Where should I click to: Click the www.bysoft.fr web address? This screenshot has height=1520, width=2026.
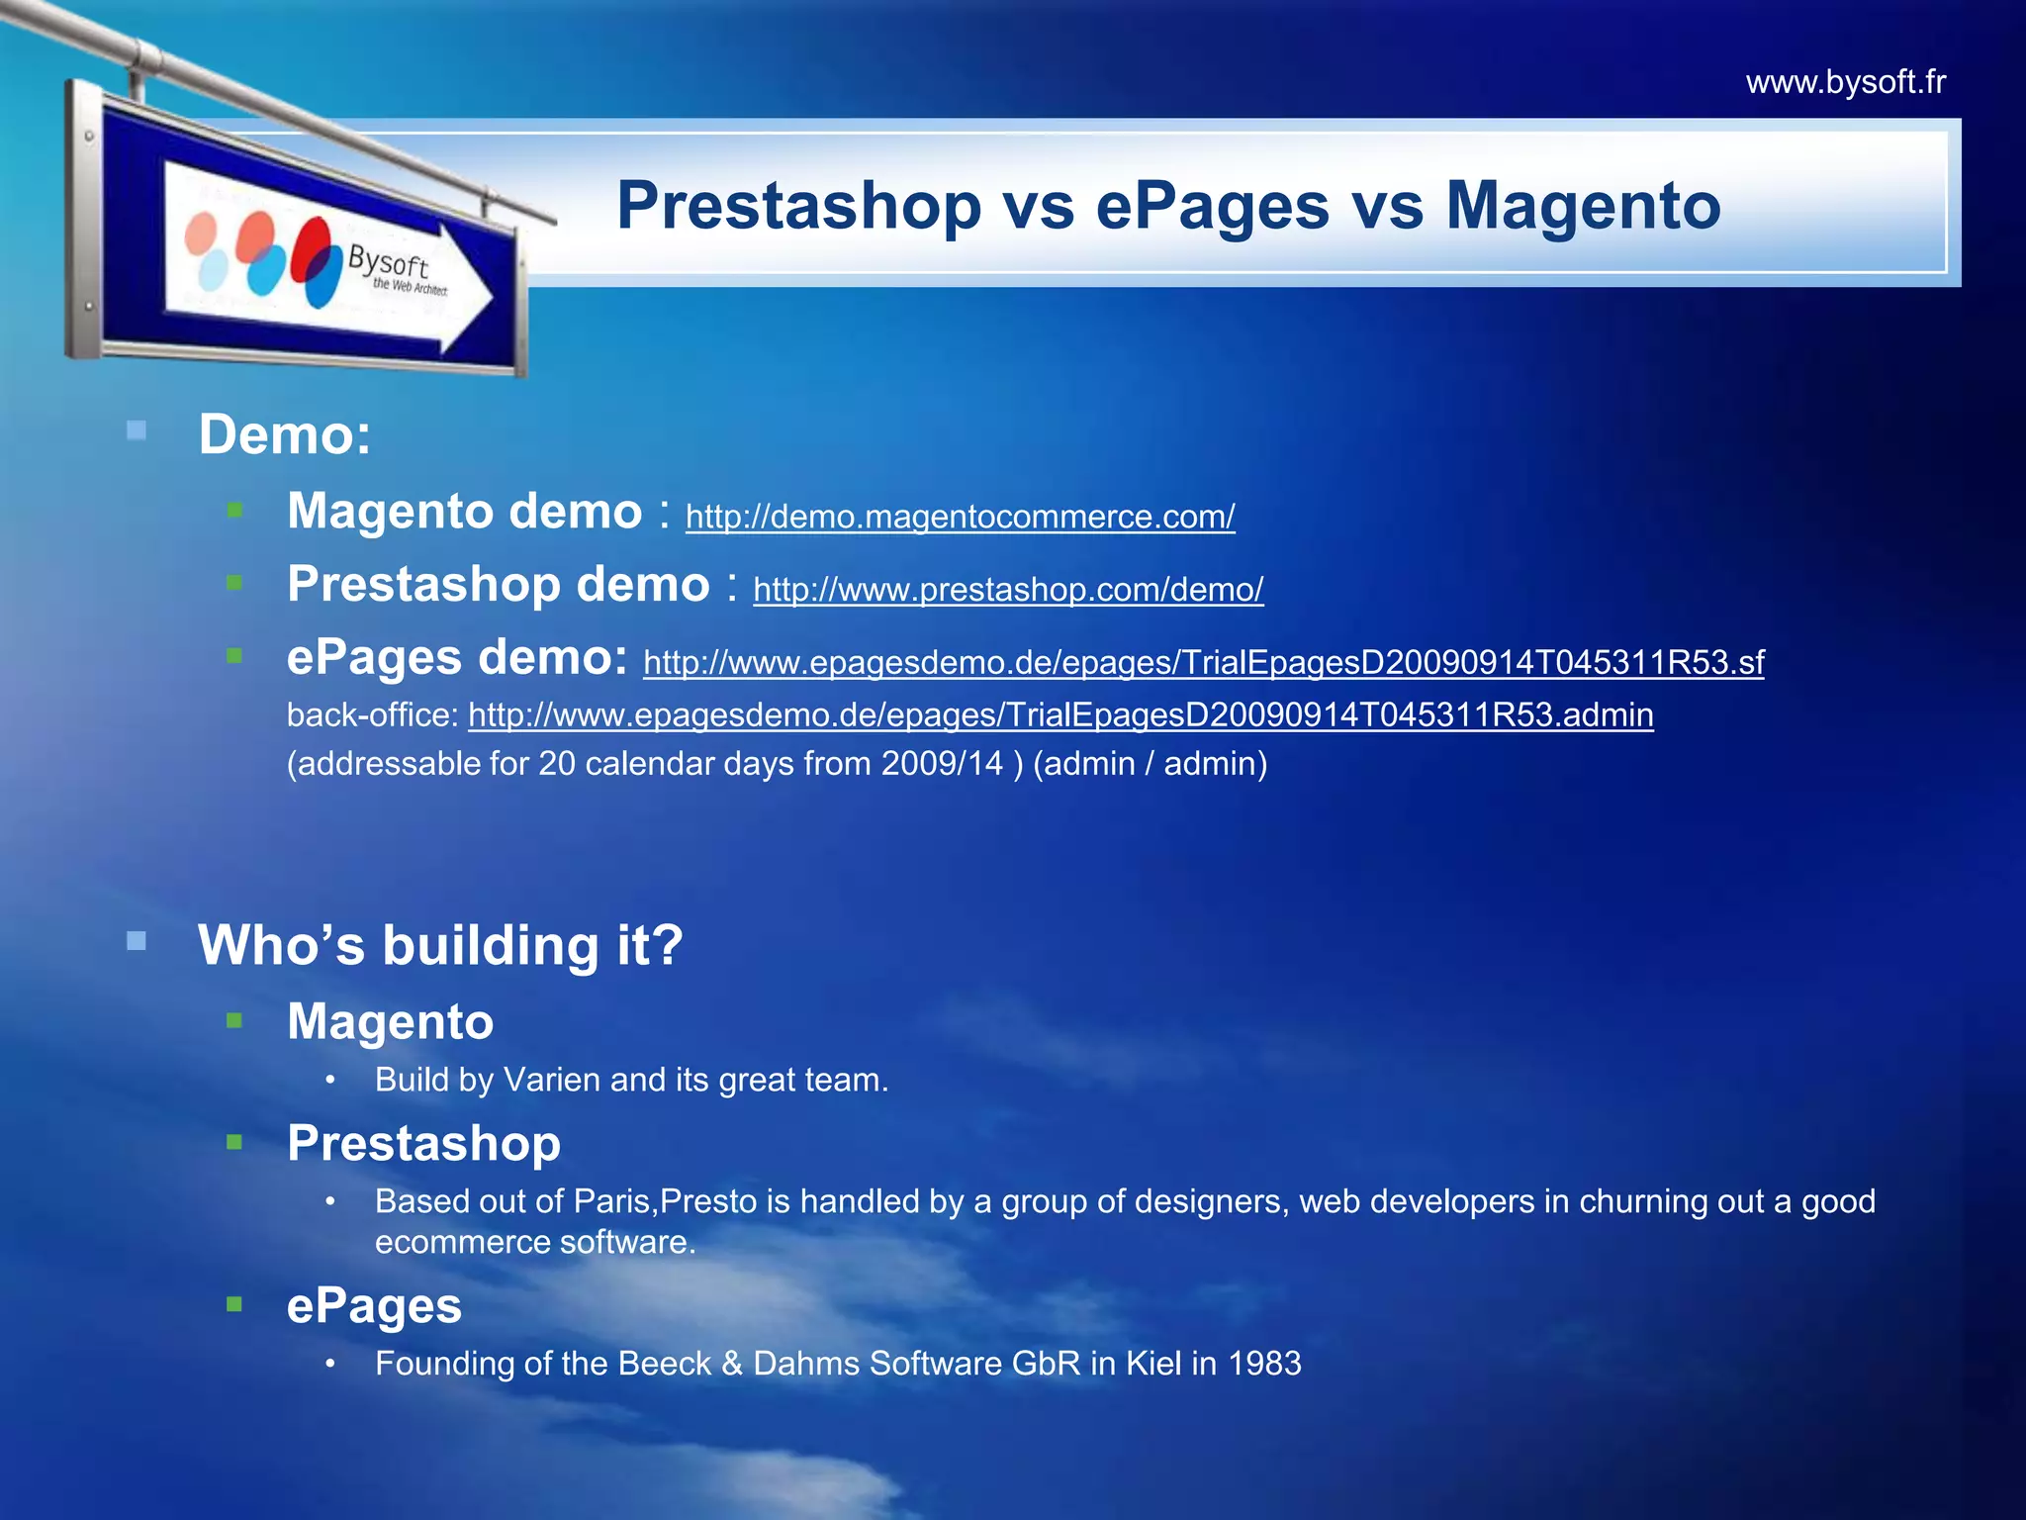point(1845,82)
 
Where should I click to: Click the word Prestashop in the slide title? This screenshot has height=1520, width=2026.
point(798,206)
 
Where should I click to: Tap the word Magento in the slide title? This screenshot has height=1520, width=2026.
point(1583,206)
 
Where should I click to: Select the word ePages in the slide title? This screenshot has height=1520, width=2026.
point(1212,206)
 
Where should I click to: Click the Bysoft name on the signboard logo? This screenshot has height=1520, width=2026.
point(387,262)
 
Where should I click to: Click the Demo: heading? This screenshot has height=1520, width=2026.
point(285,434)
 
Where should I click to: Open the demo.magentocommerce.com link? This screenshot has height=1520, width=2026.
point(960,517)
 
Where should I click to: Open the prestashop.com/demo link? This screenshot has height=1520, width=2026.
point(1007,590)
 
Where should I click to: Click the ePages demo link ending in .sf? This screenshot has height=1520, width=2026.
point(1203,662)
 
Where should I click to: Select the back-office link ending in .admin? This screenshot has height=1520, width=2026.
point(1060,714)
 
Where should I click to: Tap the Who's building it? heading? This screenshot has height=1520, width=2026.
point(440,944)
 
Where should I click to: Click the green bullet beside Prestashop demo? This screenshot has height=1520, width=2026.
point(234,583)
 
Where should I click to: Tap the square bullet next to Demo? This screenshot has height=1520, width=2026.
point(137,430)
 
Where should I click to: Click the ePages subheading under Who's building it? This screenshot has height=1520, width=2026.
point(374,1306)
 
